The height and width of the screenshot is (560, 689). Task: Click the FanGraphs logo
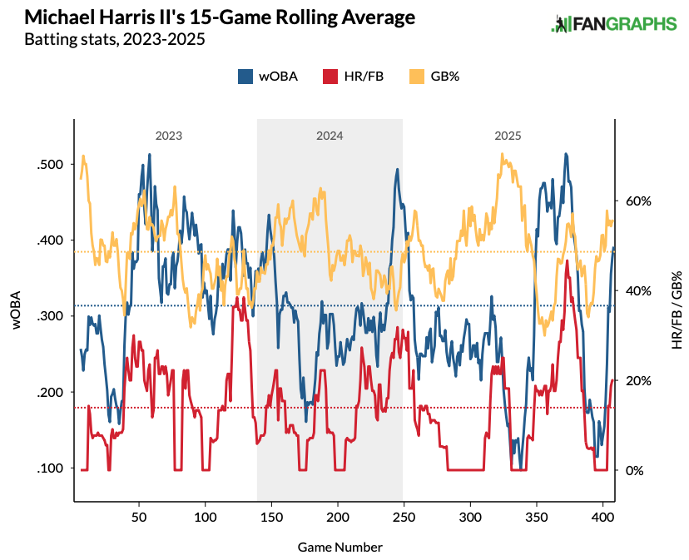[614, 24]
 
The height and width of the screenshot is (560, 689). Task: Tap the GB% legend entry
[434, 77]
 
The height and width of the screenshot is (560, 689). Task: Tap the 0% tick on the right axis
[634, 470]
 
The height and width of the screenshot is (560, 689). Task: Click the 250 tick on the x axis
[404, 516]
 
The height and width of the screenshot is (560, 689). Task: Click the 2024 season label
[330, 135]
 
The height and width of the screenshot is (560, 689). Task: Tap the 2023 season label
[168, 135]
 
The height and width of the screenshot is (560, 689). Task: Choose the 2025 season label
[508, 135]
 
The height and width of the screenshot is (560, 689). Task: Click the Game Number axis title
[340, 547]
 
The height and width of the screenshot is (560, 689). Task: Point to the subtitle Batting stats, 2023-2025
[114, 39]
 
